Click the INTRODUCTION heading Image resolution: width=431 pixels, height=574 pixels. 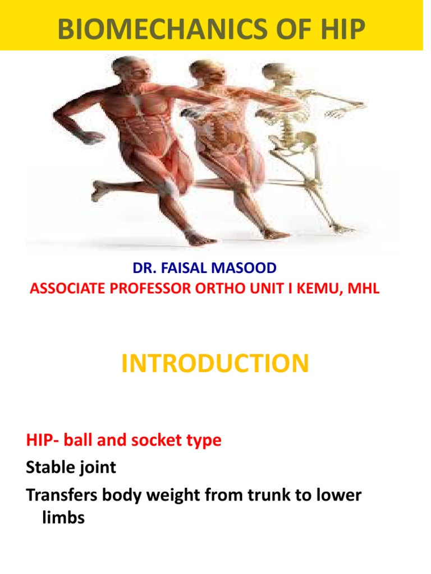[x=215, y=363]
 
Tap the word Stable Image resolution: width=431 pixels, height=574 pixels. [x=49, y=467]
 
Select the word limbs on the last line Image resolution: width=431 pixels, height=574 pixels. [x=63, y=518]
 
